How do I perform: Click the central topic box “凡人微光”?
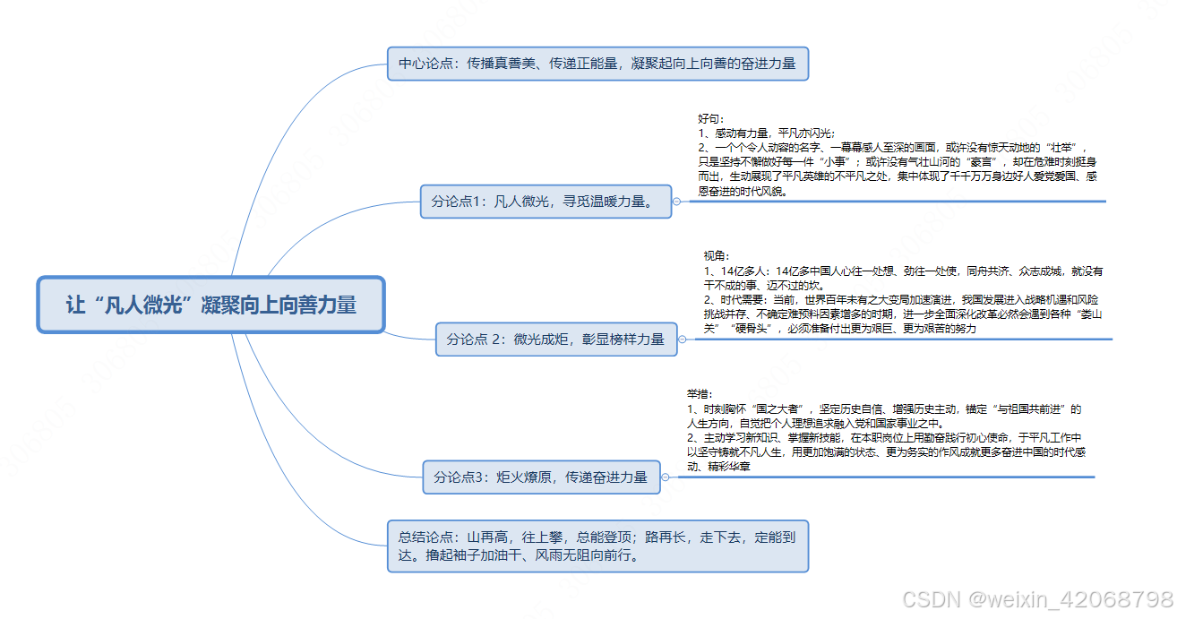tap(210, 305)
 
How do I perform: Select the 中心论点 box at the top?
tap(597, 64)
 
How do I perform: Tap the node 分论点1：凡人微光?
tap(546, 201)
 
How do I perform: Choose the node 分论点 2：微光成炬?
tap(556, 339)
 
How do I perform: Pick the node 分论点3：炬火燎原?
tap(541, 477)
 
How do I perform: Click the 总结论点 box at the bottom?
tap(597, 546)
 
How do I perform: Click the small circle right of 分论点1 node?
tap(676, 202)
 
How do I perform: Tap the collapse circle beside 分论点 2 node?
tap(683, 340)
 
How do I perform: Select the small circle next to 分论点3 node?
tap(666, 477)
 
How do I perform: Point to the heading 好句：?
tap(711, 118)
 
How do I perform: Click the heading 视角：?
tap(717, 256)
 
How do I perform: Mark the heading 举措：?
tap(700, 394)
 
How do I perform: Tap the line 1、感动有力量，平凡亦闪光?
tap(767, 133)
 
